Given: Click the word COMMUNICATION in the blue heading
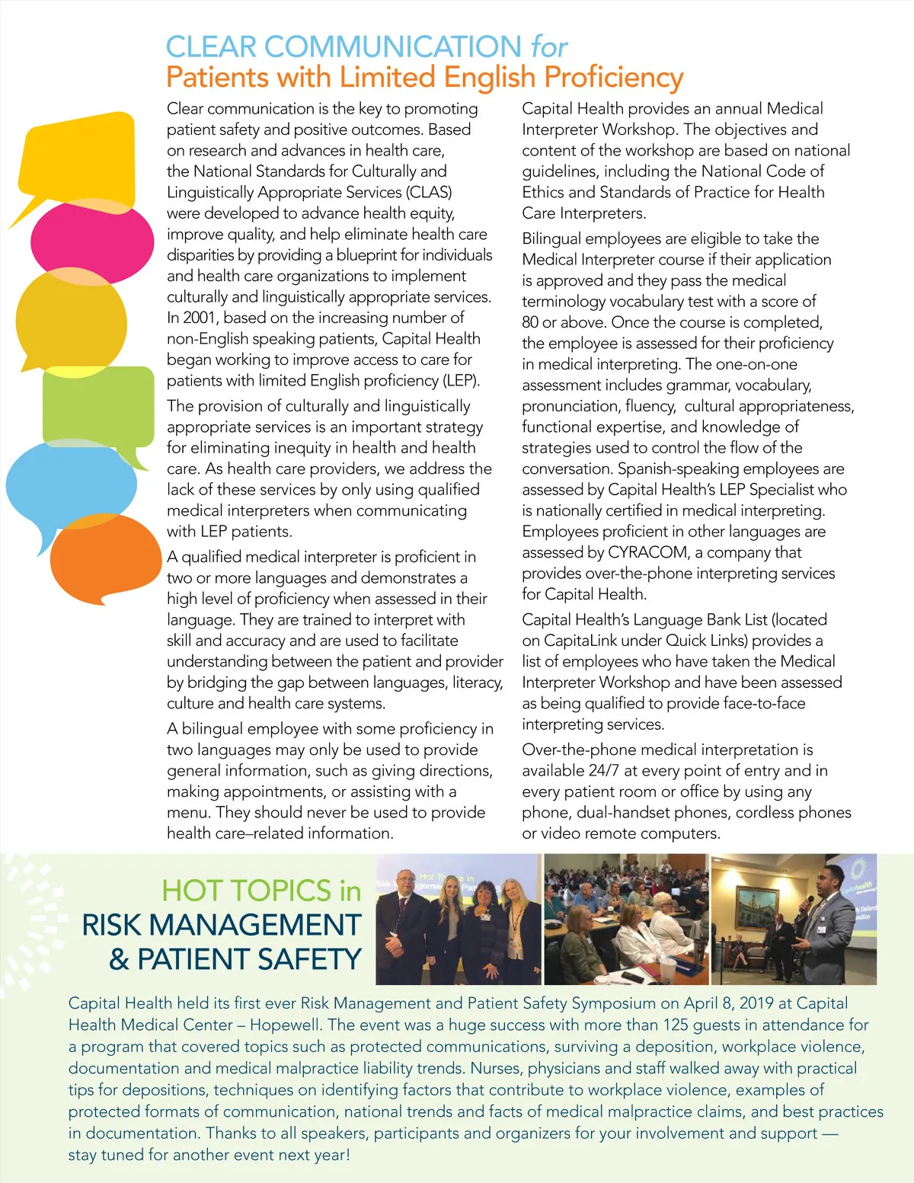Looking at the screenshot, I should (x=392, y=47).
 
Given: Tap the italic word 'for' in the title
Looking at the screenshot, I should (x=549, y=47).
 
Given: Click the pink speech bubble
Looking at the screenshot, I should (x=91, y=241).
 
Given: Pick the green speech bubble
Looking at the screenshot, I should (x=99, y=408).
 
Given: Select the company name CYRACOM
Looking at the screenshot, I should (x=647, y=552).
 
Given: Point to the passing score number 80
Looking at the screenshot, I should (x=530, y=322).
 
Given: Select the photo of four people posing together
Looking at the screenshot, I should (x=459, y=919).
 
